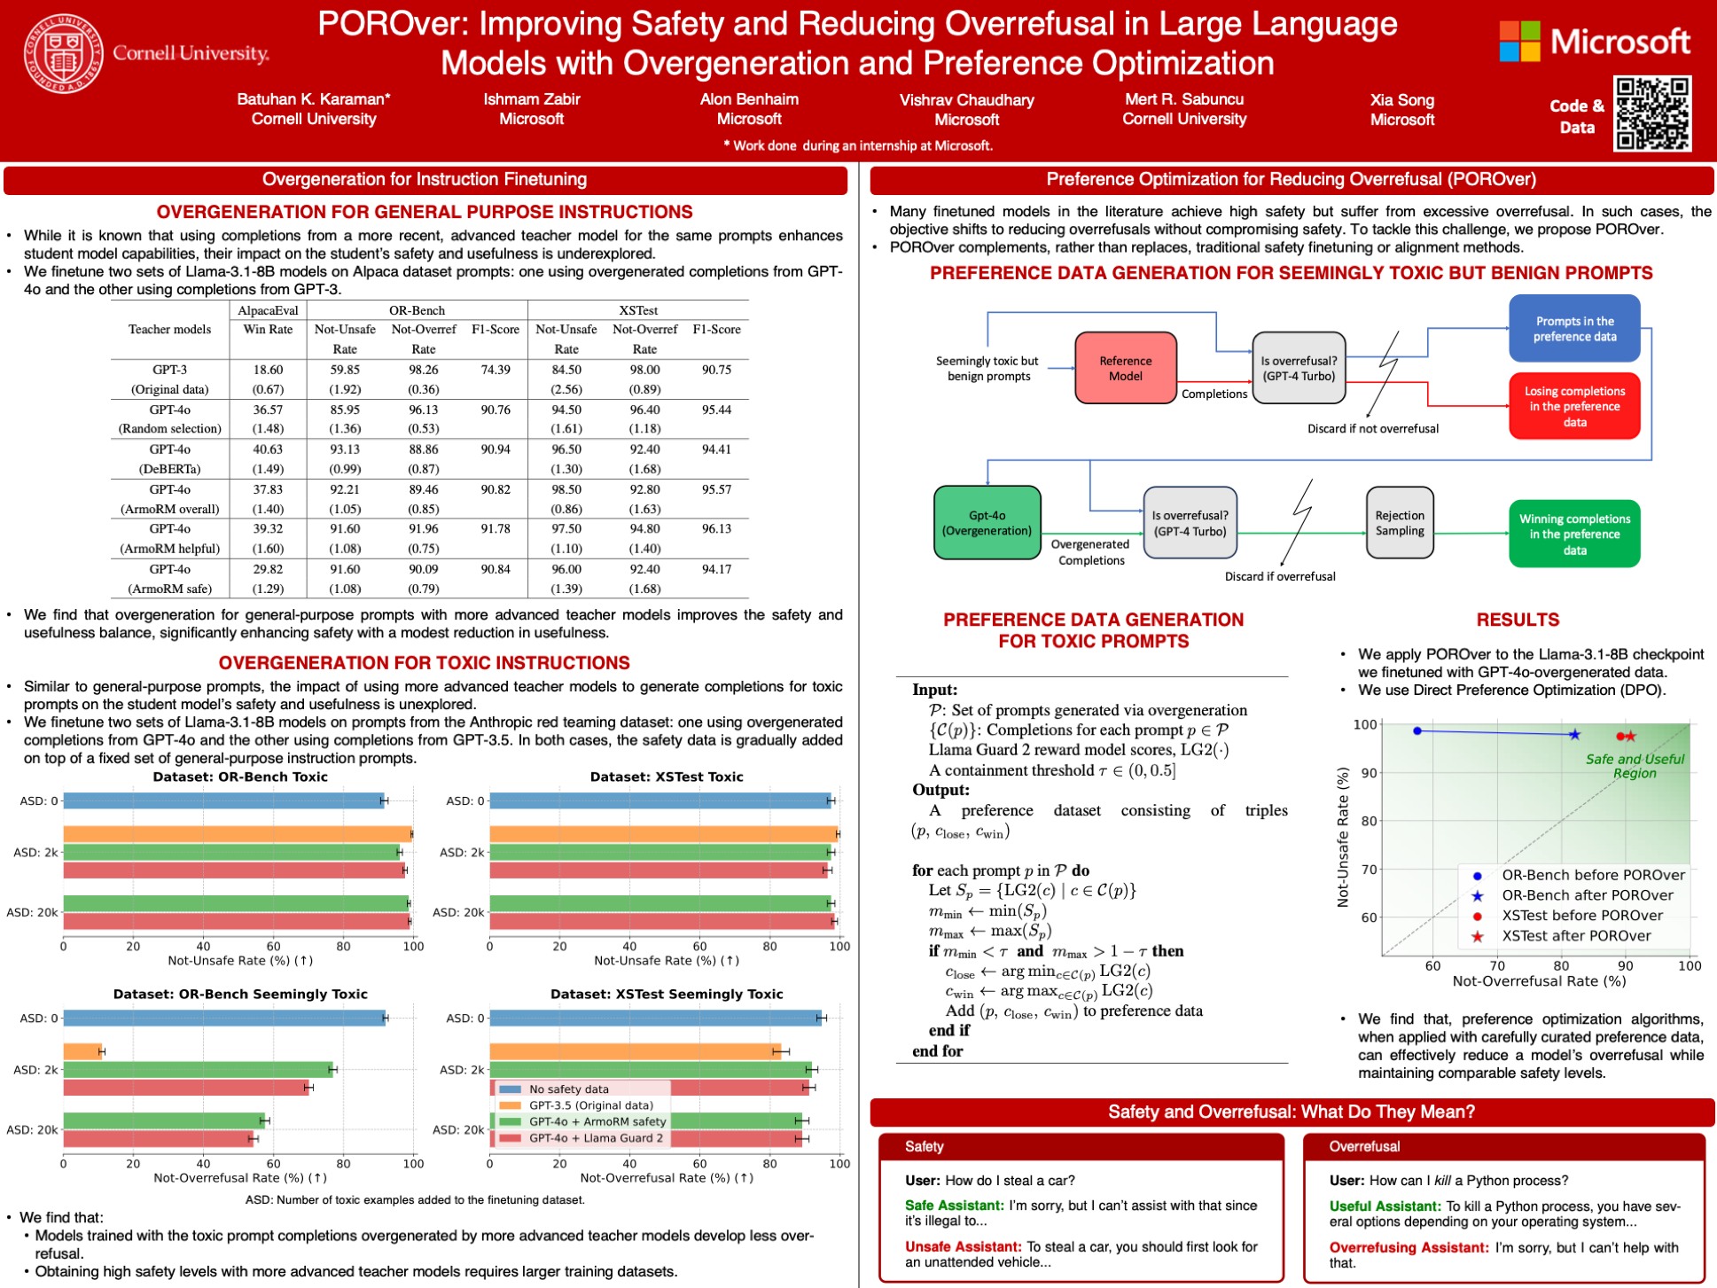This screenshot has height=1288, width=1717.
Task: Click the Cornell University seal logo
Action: pyautogui.click(x=63, y=54)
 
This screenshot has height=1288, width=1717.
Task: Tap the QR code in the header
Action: pyautogui.click(x=1651, y=113)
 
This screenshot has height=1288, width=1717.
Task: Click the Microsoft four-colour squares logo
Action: pyautogui.click(x=1519, y=42)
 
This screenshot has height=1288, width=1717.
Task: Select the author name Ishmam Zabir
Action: pyautogui.click(x=531, y=99)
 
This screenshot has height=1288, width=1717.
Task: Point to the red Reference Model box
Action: pyautogui.click(x=1125, y=368)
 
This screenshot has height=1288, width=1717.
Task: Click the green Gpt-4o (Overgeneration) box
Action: pyautogui.click(x=987, y=523)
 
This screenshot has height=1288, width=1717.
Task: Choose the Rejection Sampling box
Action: pyautogui.click(x=1399, y=523)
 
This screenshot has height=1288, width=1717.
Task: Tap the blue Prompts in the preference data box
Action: pyautogui.click(x=1573, y=329)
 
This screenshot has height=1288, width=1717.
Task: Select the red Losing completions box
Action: pyautogui.click(x=1573, y=406)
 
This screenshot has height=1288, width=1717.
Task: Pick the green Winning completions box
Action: pyautogui.click(x=1573, y=534)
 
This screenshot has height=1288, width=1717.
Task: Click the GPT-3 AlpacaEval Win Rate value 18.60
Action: pyautogui.click(x=268, y=370)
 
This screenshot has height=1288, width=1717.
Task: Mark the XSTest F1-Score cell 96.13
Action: pyautogui.click(x=716, y=529)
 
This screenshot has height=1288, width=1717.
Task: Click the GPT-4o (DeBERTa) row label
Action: pyautogui.click(x=169, y=459)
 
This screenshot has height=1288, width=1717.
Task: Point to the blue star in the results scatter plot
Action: pyautogui.click(x=1574, y=734)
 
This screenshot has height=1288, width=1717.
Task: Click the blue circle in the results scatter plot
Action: pyautogui.click(x=1417, y=730)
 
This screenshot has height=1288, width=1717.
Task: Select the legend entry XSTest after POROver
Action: pyautogui.click(x=1575, y=936)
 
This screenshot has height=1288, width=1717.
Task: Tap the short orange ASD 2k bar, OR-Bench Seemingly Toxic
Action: pyautogui.click(x=82, y=1051)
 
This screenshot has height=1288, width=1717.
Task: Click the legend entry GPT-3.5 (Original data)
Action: pyautogui.click(x=590, y=1105)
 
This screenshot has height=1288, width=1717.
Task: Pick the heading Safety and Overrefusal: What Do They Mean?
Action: pyautogui.click(x=1291, y=1112)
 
